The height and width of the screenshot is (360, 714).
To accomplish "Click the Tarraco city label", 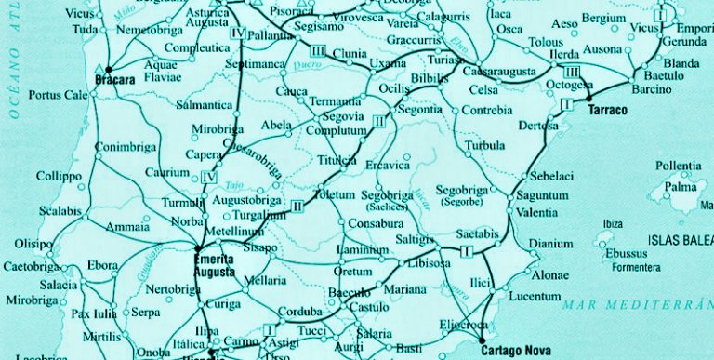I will [x=608, y=110].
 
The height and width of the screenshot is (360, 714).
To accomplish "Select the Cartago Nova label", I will [x=510, y=351].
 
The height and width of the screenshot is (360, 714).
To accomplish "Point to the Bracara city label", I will [x=131, y=81].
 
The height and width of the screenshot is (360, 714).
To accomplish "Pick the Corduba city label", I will [x=300, y=312].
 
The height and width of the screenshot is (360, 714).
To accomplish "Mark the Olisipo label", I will [x=33, y=244].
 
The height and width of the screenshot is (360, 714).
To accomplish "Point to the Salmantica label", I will [x=204, y=106].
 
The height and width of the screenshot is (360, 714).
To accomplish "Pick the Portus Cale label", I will [x=58, y=95].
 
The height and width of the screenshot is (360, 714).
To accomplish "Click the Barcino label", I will [x=650, y=89].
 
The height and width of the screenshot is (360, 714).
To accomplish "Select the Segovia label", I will [x=344, y=116].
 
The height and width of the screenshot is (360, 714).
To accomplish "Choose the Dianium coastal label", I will [x=546, y=245].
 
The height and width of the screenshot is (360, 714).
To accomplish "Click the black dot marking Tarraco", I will [x=588, y=96].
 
